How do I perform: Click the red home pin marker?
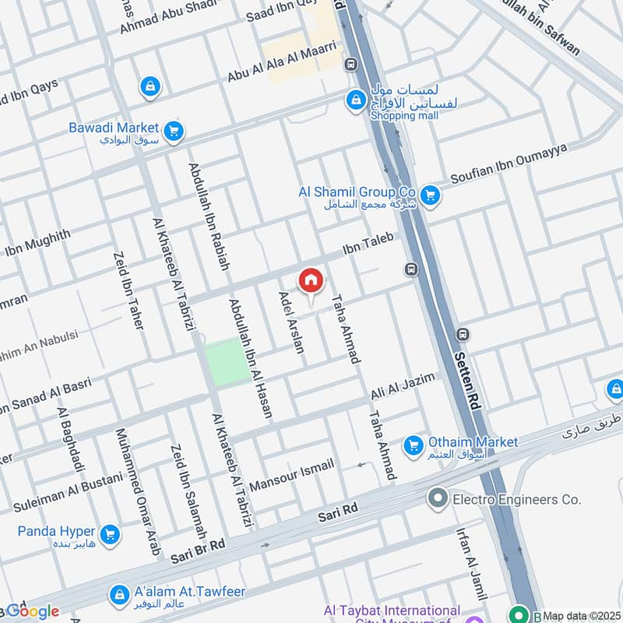(x=311, y=281)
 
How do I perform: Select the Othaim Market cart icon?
(x=413, y=445)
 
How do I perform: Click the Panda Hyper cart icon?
(x=111, y=534)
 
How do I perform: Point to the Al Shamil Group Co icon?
(x=429, y=195)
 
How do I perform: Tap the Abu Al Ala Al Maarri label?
(x=285, y=62)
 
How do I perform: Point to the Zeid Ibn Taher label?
(x=129, y=289)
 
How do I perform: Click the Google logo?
(x=32, y=611)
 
